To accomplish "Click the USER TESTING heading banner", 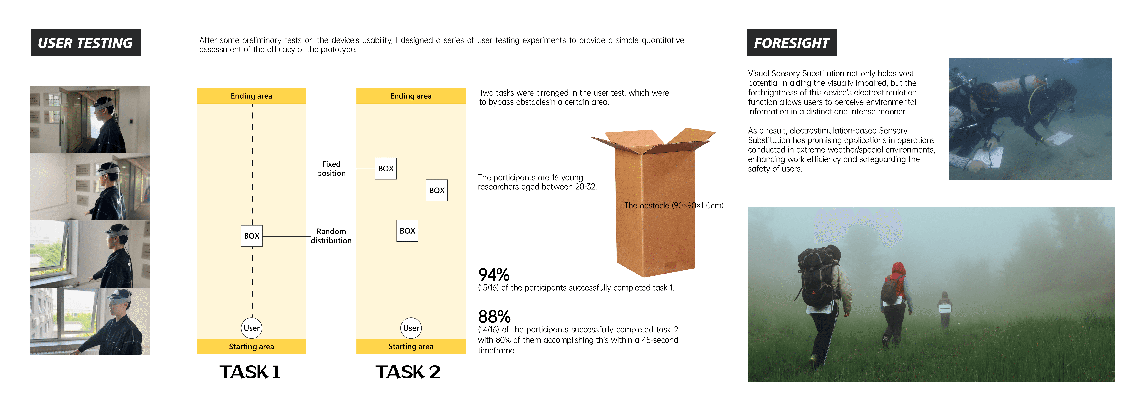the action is click(86, 43).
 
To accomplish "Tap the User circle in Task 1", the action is click(252, 328).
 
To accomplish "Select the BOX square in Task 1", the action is click(252, 236).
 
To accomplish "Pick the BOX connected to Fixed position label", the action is click(385, 169).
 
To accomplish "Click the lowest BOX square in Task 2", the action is click(407, 231).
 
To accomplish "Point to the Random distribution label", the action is click(331, 236).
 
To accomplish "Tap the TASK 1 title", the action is click(250, 372).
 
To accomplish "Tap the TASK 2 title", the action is click(408, 372).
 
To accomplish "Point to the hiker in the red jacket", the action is click(894, 299).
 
